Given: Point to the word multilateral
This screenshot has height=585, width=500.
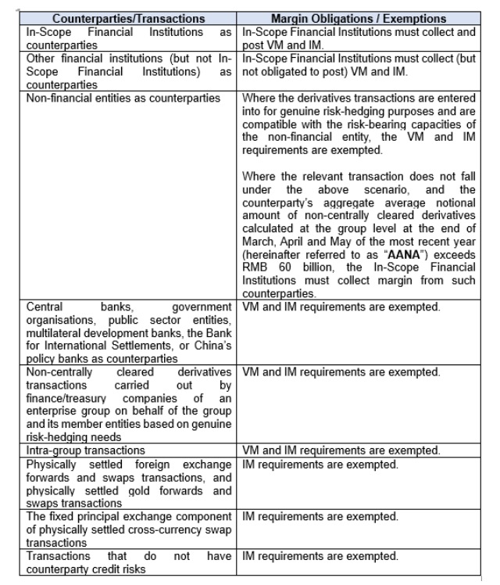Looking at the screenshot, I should (x=56, y=330).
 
